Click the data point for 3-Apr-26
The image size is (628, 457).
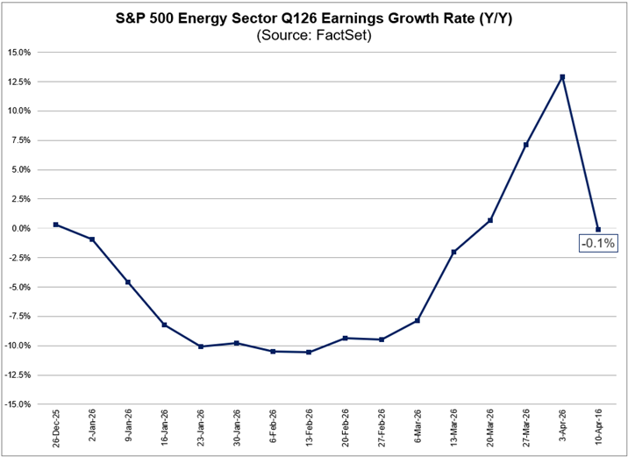(x=562, y=77)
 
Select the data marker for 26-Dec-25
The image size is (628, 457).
(x=56, y=225)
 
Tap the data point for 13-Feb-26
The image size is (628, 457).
(x=309, y=353)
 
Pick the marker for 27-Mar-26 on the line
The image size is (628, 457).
(x=526, y=145)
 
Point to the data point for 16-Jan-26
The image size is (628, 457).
(x=164, y=325)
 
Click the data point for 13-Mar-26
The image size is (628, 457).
(x=453, y=253)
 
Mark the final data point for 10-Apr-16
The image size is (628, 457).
(x=598, y=230)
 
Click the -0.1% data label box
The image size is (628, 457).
(x=596, y=243)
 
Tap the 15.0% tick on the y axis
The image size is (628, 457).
(x=18, y=53)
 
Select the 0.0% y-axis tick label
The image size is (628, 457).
(x=20, y=229)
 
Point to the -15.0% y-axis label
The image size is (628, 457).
(x=18, y=405)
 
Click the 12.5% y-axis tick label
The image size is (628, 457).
(x=18, y=82)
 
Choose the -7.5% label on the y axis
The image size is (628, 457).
(x=18, y=317)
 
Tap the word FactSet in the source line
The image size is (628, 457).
(x=340, y=36)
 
